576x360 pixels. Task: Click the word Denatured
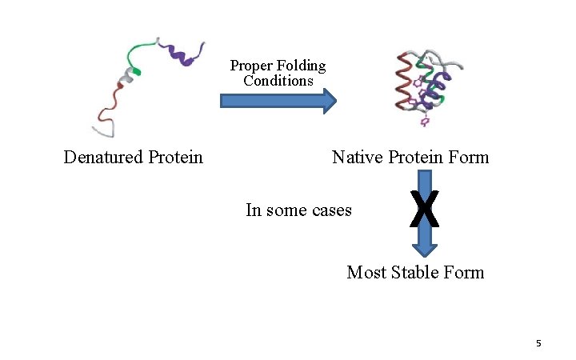(x=103, y=157)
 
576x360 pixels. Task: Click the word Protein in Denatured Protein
(x=175, y=157)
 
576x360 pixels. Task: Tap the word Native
(x=358, y=157)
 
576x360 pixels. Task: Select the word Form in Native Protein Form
(x=469, y=157)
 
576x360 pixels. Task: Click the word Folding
(x=301, y=66)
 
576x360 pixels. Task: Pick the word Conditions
(x=278, y=81)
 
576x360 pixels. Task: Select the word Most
(x=365, y=273)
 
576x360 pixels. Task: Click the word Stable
(x=415, y=273)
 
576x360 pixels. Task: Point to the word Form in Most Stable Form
(x=465, y=273)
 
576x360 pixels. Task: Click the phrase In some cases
(x=298, y=210)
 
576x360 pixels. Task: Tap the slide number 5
(x=538, y=343)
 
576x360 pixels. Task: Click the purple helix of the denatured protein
(x=182, y=54)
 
